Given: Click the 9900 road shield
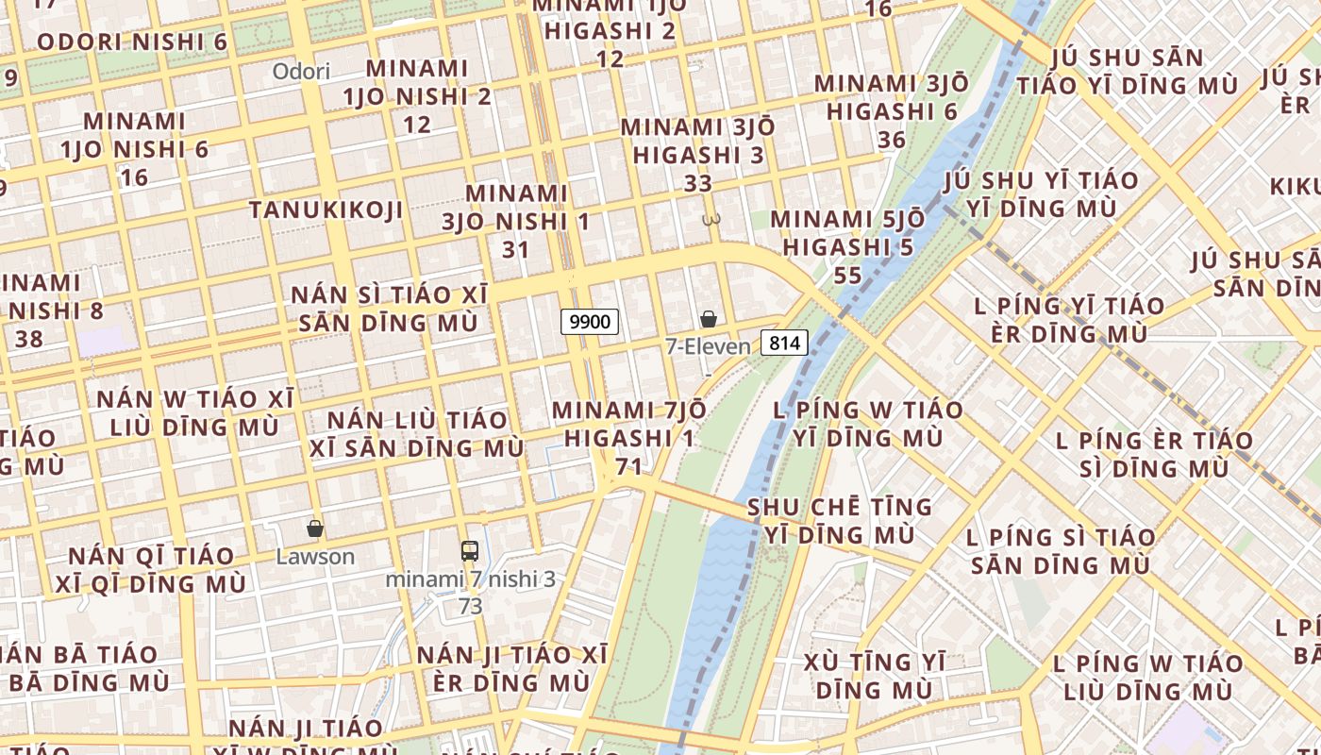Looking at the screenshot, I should coord(590,322).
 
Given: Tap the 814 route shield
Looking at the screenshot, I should coord(784,343).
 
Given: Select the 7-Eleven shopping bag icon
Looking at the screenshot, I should coord(708,320).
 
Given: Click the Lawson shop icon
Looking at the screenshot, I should coord(315,528).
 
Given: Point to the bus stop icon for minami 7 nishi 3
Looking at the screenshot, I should coord(470,551).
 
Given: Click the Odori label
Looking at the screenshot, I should coord(301,72).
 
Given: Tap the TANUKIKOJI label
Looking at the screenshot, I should coord(326,210).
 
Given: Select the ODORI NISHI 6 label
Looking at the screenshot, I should coord(132,42).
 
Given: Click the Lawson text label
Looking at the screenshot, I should coord(315,557).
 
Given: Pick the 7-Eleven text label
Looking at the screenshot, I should coord(708,346).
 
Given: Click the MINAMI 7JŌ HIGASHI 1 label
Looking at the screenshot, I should coord(628,424).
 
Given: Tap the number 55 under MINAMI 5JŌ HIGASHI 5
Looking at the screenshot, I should coord(847,276).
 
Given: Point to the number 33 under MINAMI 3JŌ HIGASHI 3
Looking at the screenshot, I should coord(697,183).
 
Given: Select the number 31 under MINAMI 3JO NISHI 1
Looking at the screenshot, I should coord(515,250).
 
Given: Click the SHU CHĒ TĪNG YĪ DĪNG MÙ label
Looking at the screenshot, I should coord(840,520).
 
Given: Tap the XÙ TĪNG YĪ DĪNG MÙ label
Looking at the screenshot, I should coord(874,676).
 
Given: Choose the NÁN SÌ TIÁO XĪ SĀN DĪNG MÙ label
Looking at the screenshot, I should coord(389,309).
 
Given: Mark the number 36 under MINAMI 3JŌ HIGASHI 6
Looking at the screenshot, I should coord(891,141).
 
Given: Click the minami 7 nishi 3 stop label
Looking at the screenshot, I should coord(470,579).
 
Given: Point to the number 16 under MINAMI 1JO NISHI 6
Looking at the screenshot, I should coord(134,177).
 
